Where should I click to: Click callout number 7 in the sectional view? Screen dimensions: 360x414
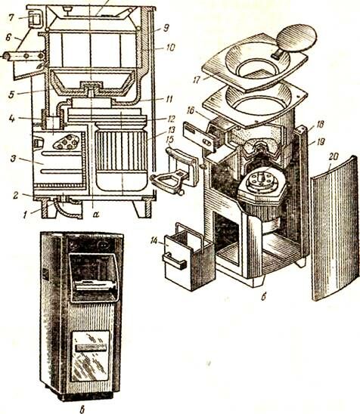(11, 18)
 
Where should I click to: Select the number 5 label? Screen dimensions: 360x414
(11, 94)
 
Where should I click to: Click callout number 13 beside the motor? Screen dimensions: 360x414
(171, 131)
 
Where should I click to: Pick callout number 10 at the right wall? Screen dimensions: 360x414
(170, 48)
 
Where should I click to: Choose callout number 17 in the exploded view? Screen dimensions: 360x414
(197, 79)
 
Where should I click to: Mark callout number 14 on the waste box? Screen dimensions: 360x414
(154, 241)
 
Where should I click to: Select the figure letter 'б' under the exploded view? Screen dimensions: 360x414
(263, 297)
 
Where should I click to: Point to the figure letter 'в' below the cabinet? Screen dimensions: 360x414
(82, 409)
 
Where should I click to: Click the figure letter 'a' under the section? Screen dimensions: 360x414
(96, 215)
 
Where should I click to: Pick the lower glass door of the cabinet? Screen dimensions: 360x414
(91, 356)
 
